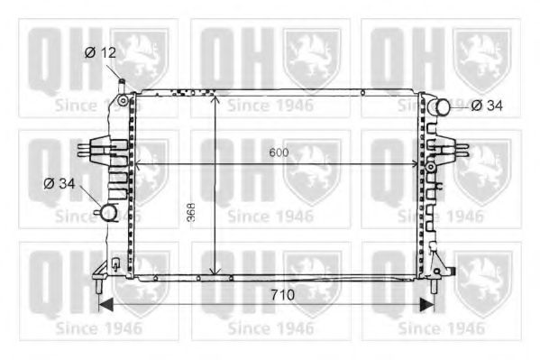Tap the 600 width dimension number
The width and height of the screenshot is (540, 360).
coord(279,152)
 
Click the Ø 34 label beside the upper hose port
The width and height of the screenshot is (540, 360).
coord(487,106)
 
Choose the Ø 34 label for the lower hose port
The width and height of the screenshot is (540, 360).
coord(60,184)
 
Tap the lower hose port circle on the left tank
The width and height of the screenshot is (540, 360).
coord(108,213)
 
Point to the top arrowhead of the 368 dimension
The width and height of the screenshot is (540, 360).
coord(215,97)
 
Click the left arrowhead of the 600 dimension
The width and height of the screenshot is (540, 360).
coord(138,164)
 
